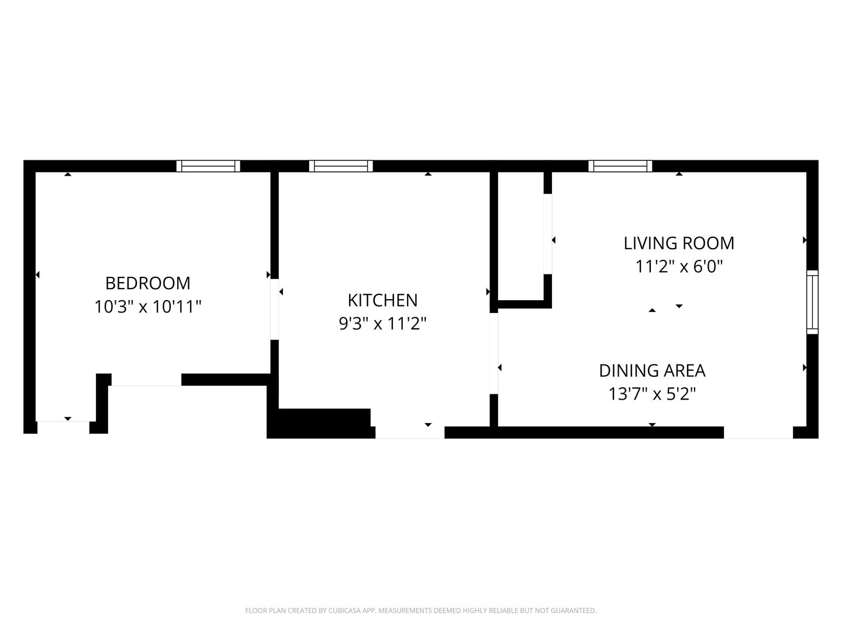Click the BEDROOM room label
tap(148, 284)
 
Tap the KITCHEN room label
tap(382, 300)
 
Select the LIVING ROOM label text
tap(679, 243)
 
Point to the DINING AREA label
tap(652, 370)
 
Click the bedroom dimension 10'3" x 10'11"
tap(148, 307)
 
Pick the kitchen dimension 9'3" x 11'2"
tap(382, 324)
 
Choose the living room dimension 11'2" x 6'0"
tap(679, 266)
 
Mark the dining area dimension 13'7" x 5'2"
tap(652, 394)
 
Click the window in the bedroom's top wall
tap(208, 166)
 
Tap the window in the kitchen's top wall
tap(341, 166)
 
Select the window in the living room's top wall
tap(620, 166)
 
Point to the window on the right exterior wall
tap(812, 302)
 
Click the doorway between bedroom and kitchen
tap(275, 310)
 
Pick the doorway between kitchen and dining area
tap(494, 353)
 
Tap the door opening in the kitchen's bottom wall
tap(410, 432)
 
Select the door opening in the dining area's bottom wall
tap(758, 432)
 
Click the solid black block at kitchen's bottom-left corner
tap(320, 424)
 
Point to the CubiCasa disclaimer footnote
tap(421, 610)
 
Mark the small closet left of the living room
tap(521, 236)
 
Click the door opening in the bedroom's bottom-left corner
tap(63, 427)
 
